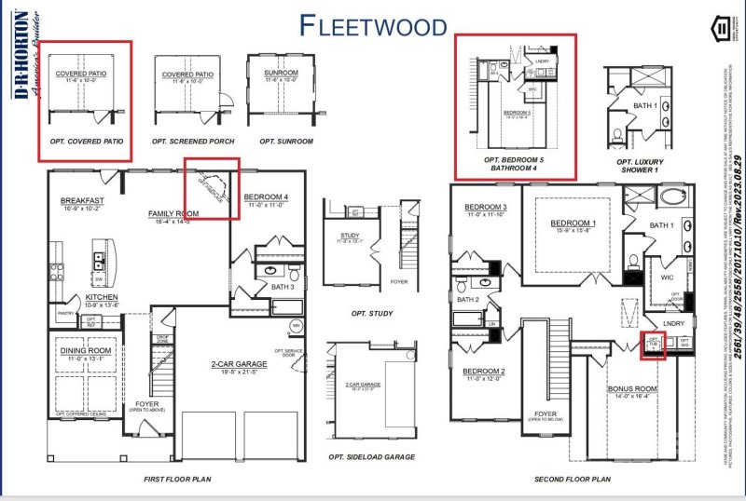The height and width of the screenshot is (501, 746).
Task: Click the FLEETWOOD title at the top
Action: point(373,25)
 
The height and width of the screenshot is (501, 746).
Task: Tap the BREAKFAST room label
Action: point(82,201)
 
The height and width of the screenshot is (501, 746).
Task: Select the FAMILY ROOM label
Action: point(173,213)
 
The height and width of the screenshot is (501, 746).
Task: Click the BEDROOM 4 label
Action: point(266,197)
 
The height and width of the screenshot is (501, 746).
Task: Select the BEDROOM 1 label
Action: point(573,223)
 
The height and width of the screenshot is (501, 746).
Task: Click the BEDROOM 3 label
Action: point(485,207)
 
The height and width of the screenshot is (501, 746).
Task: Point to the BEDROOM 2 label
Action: point(484,372)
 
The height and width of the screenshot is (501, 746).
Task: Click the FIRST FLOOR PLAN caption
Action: point(177,479)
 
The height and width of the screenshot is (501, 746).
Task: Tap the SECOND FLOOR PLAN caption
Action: point(573,479)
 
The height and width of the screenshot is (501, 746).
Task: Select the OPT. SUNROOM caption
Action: point(285,142)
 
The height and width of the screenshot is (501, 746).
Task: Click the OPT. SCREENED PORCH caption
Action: point(191,142)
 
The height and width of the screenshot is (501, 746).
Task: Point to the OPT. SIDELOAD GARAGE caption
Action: point(371,458)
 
